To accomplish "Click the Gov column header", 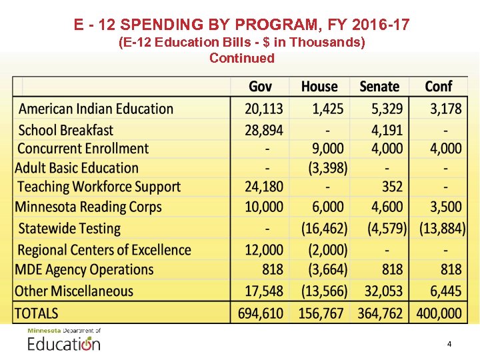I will coord(260,87).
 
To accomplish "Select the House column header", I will coord(319,87).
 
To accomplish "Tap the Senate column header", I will coord(379,87).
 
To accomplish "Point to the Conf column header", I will coord(439,87).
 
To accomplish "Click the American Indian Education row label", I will coord(96,109).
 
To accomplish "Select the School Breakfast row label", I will coord(66,130).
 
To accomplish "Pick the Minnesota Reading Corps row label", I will coord(88,207).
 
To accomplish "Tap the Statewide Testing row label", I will coord(69,228).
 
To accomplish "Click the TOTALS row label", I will coord(37,313).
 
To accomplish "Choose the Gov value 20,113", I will coord(264,109).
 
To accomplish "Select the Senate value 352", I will coord(393,187).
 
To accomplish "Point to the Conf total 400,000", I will coord(438,313).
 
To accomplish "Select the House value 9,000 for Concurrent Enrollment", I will coord(327,149).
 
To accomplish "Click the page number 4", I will coord(449,344).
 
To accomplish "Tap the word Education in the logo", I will coord(64,344).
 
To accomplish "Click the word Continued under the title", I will coord(242,58).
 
